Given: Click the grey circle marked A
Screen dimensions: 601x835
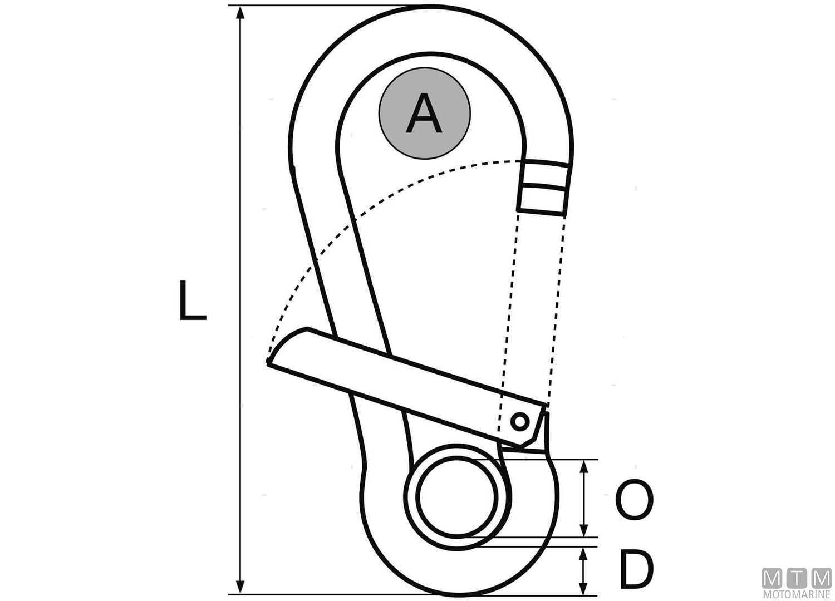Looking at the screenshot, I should point(425,114).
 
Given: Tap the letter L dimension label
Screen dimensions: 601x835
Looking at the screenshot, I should point(192,300).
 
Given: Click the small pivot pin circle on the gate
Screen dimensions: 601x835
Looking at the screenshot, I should point(520,421).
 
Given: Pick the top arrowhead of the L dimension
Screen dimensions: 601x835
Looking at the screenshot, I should point(240,14).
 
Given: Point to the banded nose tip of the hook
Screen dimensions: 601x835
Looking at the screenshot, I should point(543,186).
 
